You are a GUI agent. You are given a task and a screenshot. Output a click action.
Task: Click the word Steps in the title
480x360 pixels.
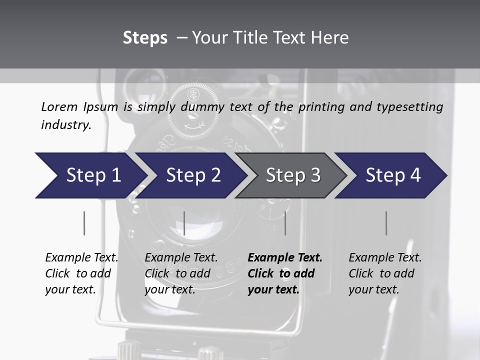click(x=145, y=38)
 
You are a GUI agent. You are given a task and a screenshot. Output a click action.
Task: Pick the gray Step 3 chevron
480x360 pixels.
click(x=292, y=175)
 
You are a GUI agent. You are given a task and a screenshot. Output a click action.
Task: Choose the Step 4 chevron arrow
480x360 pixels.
click(x=393, y=175)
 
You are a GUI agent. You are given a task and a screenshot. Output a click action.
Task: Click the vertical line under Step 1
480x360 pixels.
click(x=84, y=223)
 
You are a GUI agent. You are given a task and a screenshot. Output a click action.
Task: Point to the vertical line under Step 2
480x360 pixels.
click(x=184, y=223)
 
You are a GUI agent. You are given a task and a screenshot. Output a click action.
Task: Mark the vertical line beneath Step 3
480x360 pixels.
click(x=285, y=223)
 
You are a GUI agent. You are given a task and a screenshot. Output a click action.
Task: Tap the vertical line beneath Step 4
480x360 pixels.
click(x=386, y=223)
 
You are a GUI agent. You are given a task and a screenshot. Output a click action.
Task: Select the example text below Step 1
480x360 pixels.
click(x=81, y=273)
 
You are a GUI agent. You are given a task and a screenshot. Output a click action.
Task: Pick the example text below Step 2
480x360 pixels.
click(x=181, y=273)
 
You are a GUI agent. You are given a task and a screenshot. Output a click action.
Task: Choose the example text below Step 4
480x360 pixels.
click(x=385, y=273)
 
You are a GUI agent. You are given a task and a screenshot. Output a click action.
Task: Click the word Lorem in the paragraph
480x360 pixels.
click(x=59, y=107)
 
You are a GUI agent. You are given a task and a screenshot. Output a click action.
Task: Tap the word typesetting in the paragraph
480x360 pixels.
click(x=412, y=107)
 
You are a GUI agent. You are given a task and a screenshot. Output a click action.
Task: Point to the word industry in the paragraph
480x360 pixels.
click(x=65, y=125)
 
